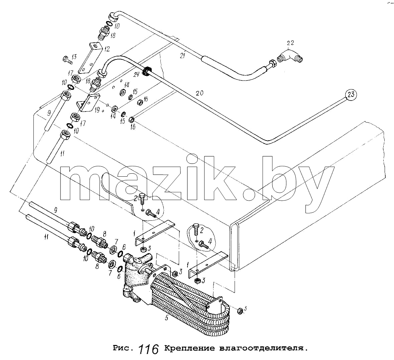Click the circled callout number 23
[x=351, y=95]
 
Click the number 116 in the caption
[x=148, y=349]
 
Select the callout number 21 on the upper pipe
[x=183, y=55]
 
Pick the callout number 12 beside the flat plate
[x=107, y=49]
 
